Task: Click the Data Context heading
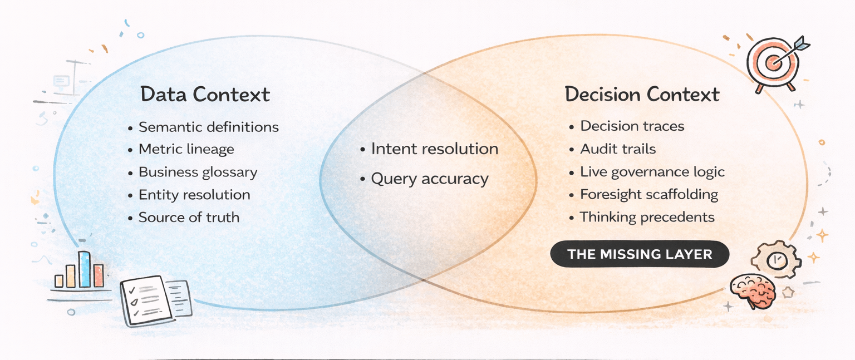click(x=205, y=95)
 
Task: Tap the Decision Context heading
click(x=642, y=95)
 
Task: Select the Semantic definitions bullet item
click(x=208, y=127)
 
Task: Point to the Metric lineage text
click(x=186, y=149)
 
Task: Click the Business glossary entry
click(x=198, y=172)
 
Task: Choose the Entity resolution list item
click(x=194, y=195)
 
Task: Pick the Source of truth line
click(x=189, y=217)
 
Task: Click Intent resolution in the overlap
click(x=434, y=149)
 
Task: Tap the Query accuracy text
click(x=429, y=179)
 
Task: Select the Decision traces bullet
click(x=632, y=126)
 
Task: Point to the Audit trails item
click(x=618, y=149)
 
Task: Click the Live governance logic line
click(x=652, y=172)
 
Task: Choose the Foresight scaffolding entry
click(x=648, y=194)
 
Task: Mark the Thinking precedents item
click(x=647, y=216)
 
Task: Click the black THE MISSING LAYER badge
click(x=640, y=254)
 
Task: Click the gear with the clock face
click(x=776, y=260)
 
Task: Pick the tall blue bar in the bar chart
click(x=85, y=269)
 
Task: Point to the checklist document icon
click(x=145, y=302)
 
